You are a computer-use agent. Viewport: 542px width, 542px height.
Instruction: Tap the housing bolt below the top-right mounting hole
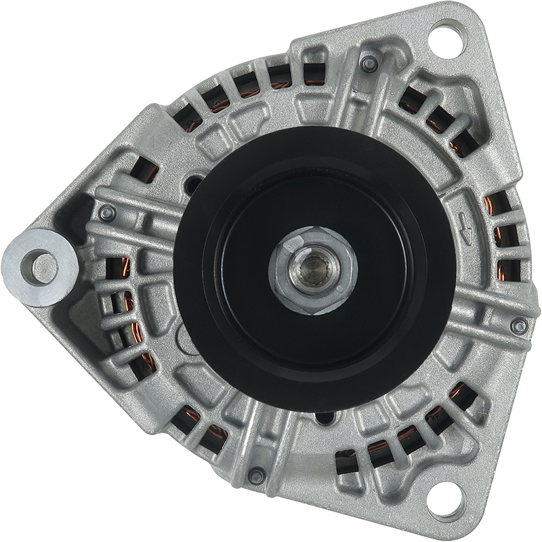tap(369, 64)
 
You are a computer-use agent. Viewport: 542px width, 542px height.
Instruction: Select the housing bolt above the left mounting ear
tap(107, 213)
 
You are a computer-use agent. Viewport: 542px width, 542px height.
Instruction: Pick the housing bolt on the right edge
tap(519, 326)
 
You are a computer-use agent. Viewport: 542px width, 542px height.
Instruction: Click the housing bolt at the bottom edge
tap(256, 476)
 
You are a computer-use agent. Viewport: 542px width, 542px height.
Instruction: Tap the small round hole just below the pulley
tap(325, 417)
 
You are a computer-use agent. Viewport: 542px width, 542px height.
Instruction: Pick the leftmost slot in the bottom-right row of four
tap(346, 461)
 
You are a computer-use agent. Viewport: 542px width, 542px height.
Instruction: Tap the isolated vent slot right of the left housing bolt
tap(144, 173)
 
